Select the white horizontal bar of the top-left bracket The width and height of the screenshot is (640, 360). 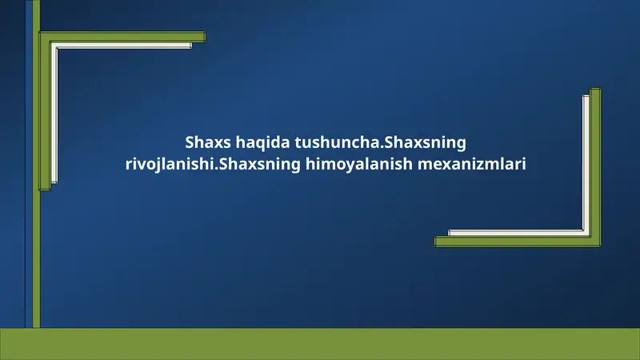124,46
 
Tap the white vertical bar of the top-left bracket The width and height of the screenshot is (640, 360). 54,112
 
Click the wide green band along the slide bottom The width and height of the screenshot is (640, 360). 320,344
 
